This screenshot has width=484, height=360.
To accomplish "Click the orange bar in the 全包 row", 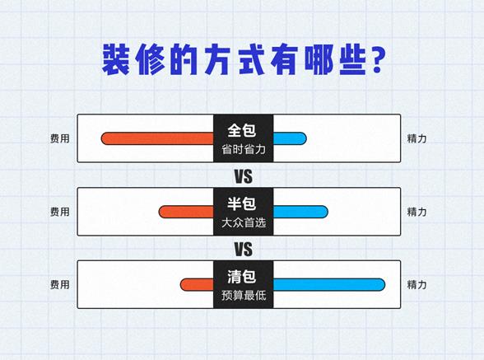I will [x=157, y=138].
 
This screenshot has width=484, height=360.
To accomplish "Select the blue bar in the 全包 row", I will [x=289, y=138].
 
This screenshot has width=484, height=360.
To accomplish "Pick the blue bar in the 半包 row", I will [x=300, y=212].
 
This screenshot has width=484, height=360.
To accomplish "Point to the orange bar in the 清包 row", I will [x=197, y=285].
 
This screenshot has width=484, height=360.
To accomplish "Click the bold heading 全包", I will [x=243, y=130].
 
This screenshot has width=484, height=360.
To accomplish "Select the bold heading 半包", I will [x=243, y=203].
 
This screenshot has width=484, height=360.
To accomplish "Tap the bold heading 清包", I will [x=243, y=276].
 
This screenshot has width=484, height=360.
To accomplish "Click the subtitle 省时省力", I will [x=243, y=150].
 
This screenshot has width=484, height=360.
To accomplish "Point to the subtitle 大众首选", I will [x=243, y=223].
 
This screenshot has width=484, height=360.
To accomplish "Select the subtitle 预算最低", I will [x=243, y=296].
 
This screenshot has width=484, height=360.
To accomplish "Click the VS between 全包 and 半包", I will [x=243, y=176].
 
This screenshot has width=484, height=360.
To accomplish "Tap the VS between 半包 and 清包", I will [x=243, y=249].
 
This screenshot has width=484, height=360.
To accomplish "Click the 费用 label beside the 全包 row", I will [x=59, y=138].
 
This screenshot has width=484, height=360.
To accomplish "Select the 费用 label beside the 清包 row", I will [x=59, y=285].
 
